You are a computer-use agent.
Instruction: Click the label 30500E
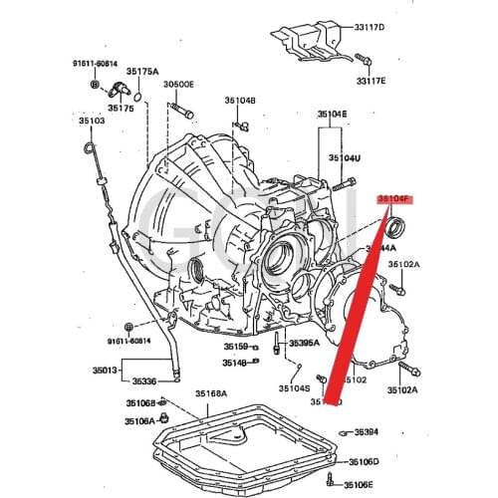[x=180, y=85]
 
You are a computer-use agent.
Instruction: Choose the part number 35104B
[x=240, y=100]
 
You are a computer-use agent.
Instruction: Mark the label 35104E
[x=333, y=116]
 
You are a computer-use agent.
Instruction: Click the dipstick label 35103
[x=91, y=121]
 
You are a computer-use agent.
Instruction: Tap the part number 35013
[x=108, y=370]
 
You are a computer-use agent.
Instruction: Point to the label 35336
[x=145, y=380]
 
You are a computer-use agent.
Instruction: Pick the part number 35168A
[x=210, y=394]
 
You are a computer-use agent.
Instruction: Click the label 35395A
[x=304, y=344]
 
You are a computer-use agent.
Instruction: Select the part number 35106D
[x=363, y=462]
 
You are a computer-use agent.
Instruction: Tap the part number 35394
[x=365, y=431]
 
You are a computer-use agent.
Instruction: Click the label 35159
[x=235, y=346]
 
